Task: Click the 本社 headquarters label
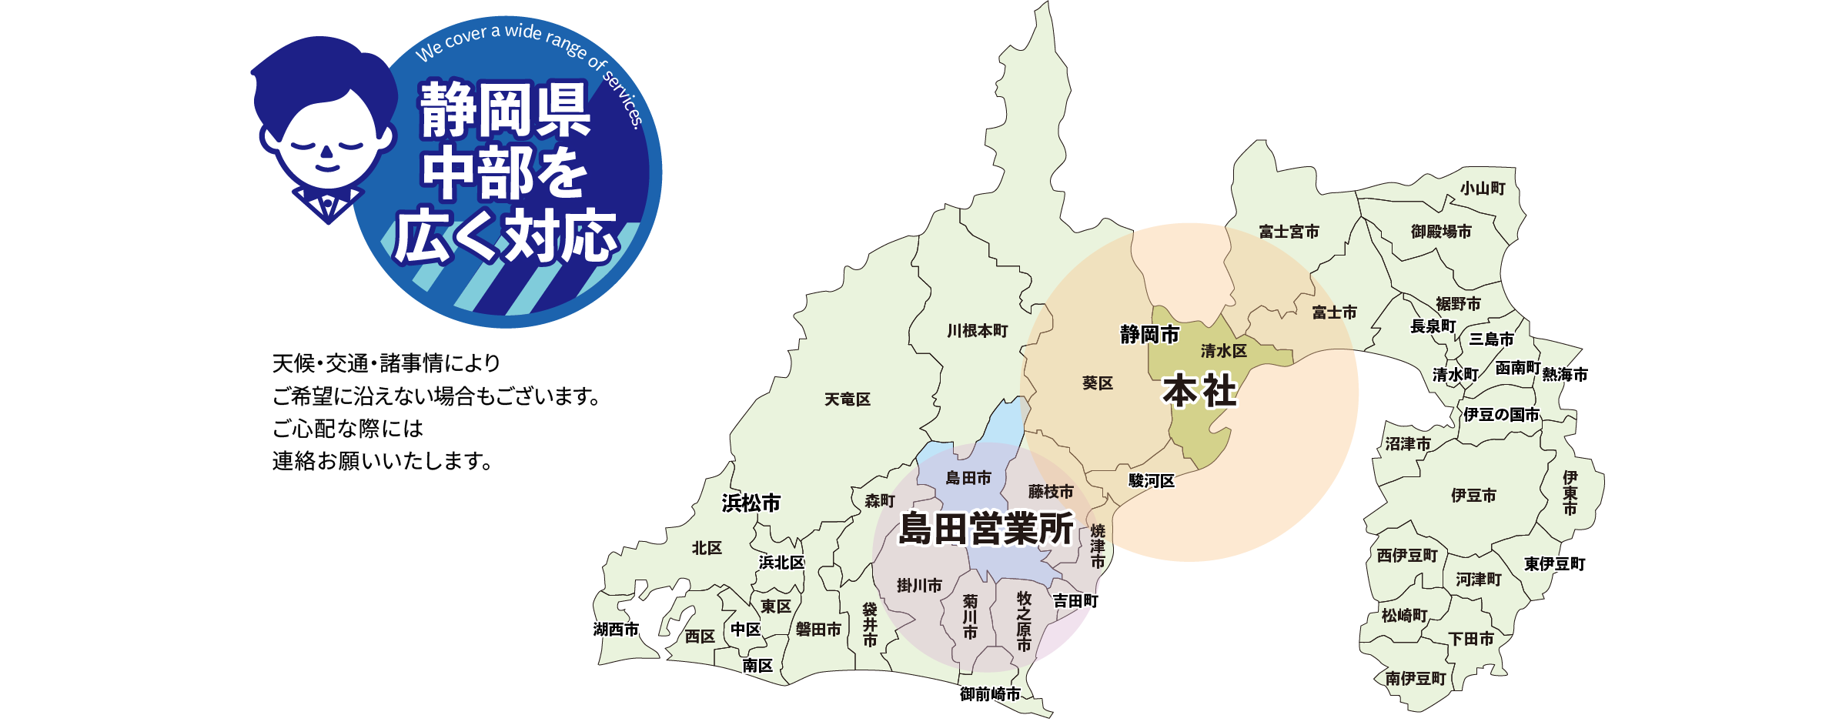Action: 1199,391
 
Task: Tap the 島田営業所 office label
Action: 986,529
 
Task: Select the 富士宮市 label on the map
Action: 1289,232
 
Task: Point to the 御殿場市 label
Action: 1440,232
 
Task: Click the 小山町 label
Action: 1483,189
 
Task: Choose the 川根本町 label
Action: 977,331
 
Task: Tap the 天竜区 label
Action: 847,399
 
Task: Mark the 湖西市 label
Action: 616,630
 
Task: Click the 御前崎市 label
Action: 990,694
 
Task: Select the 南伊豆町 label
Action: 1416,679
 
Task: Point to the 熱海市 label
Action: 1564,375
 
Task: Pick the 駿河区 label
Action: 1152,481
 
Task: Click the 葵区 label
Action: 1097,383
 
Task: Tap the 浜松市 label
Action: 751,503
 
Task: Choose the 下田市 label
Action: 1471,639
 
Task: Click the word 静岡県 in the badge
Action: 505,110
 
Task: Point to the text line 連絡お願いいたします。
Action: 383,461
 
